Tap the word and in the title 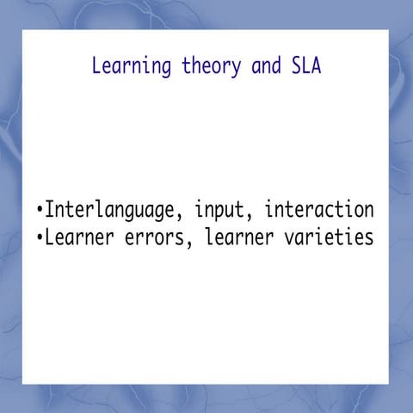(x=266, y=66)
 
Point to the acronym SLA (x=305, y=66)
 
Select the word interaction (x=319, y=210)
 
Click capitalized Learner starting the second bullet (x=76, y=237)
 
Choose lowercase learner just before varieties (x=238, y=237)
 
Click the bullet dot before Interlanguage (x=40, y=211)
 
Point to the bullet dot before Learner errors (x=40, y=237)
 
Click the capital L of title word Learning (x=96, y=66)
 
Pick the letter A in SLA (x=315, y=66)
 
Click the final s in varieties (x=368, y=237)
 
